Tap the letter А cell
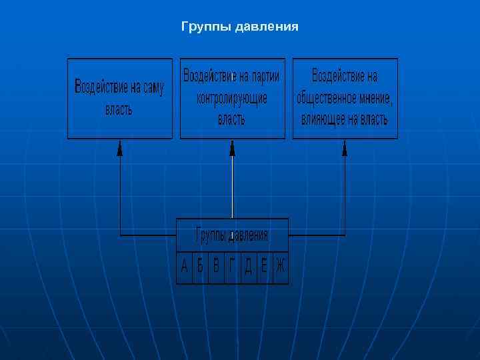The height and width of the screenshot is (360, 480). [x=185, y=267]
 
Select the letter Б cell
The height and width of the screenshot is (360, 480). [x=200, y=267]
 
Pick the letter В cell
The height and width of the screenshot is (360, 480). [x=216, y=267]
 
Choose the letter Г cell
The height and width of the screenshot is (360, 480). [x=232, y=267]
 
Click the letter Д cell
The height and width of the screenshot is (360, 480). [x=248, y=267]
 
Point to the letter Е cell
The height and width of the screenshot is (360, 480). [x=264, y=267]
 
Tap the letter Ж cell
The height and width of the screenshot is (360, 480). [x=280, y=267]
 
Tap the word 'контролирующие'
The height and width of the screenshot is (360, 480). [x=232, y=98]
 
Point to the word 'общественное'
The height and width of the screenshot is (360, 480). [x=325, y=98]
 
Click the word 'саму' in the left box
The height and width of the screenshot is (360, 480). [x=151, y=87]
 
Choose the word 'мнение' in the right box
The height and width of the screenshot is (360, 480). [x=375, y=98]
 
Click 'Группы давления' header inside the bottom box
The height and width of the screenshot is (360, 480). [x=232, y=235]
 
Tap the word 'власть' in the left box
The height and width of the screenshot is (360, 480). [x=119, y=109]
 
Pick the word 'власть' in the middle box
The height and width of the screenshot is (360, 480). [x=232, y=120]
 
